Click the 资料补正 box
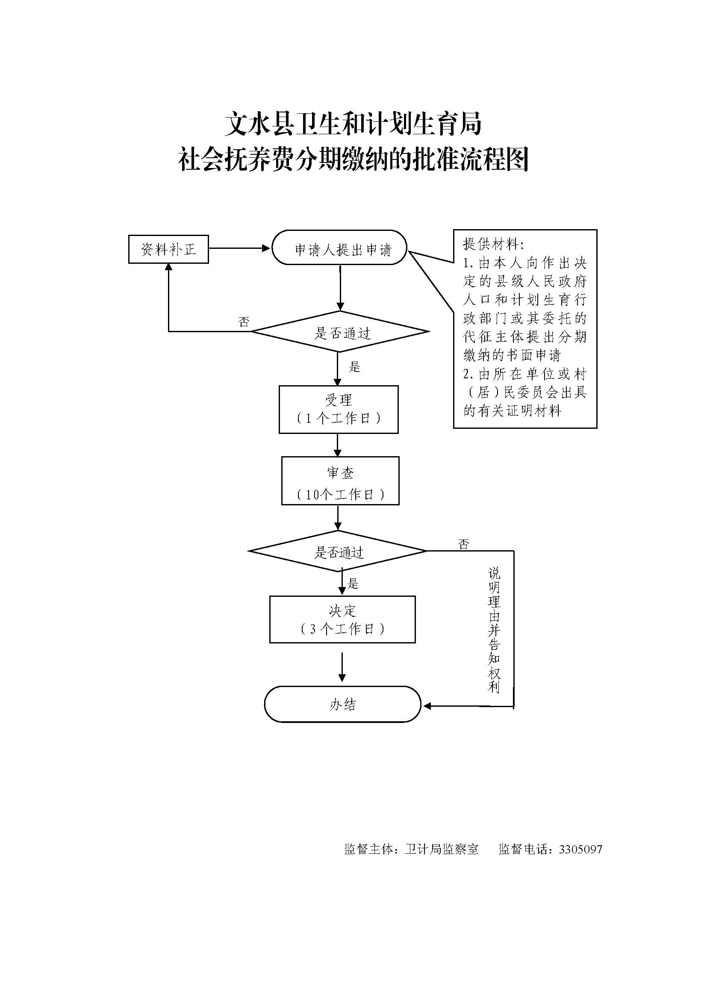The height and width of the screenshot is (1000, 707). pos(168,249)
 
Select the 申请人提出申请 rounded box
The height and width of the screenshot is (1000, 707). pos(339,248)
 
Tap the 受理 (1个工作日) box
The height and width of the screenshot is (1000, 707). pos(338,409)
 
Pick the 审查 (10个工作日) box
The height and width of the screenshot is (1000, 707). pos(340,481)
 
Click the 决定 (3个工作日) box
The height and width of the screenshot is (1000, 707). pos(342,619)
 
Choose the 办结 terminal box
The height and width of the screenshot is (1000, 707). pos(342,704)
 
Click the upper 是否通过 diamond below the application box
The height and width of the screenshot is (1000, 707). pos(340,332)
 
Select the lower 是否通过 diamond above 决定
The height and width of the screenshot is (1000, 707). pos(338,552)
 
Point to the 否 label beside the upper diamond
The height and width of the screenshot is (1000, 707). pos(244,322)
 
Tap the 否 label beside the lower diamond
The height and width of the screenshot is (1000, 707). pos(464,544)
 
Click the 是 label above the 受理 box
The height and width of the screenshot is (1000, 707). pos(354,367)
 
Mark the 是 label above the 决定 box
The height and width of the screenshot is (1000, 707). pos(353,583)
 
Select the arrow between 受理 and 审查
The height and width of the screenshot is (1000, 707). pos(338,445)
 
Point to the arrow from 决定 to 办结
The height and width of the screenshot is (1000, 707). pos(342,667)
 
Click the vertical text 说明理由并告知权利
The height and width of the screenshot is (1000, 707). pos(494,630)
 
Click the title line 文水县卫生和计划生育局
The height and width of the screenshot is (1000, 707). pos(353,124)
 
